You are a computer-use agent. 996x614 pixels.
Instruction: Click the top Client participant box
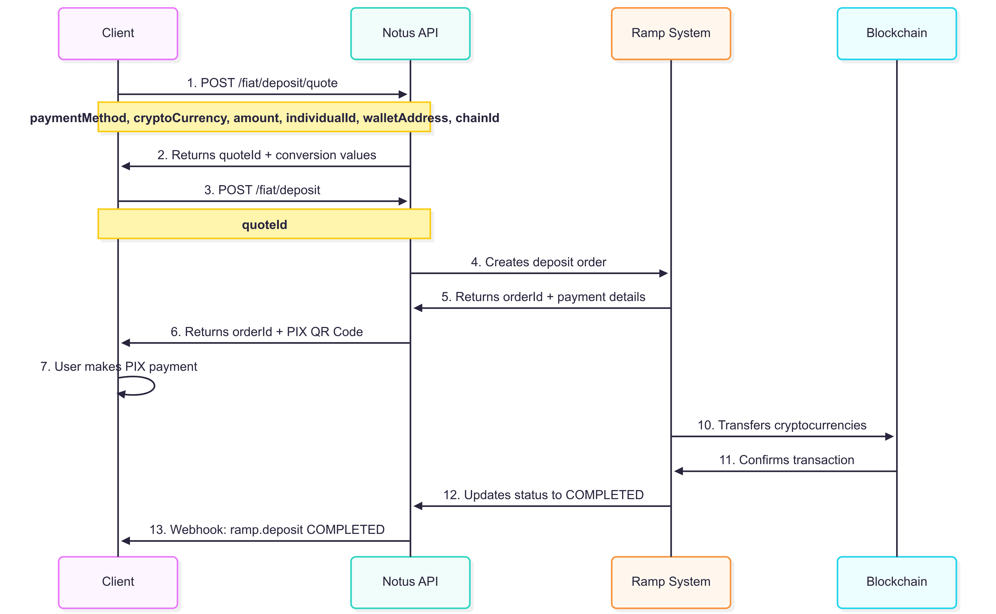[x=118, y=33]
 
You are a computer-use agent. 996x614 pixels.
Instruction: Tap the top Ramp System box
[x=671, y=33]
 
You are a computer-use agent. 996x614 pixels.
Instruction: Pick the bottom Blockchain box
[x=896, y=582]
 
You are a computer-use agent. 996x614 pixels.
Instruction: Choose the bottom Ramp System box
[x=671, y=582]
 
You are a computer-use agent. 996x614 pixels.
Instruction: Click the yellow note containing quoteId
[x=264, y=224]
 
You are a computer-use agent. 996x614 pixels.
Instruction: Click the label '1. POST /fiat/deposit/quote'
[x=262, y=83]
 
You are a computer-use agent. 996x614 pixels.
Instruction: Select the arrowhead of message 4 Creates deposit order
[x=663, y=273]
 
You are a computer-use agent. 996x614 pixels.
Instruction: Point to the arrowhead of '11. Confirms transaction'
[x=678, y=471]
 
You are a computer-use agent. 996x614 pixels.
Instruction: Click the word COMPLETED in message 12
[x=604, y=495]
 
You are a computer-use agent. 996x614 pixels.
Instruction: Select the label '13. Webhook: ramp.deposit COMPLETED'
[x=267, y=529]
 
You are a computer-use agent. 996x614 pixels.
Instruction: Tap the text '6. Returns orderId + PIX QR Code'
[x=266, y=332]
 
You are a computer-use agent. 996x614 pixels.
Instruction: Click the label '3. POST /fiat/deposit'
[x=262, y=190]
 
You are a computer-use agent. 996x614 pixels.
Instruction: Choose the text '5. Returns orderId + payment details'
[x=543, y=297]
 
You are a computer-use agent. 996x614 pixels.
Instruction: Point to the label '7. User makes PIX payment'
[x=119, y=367]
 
